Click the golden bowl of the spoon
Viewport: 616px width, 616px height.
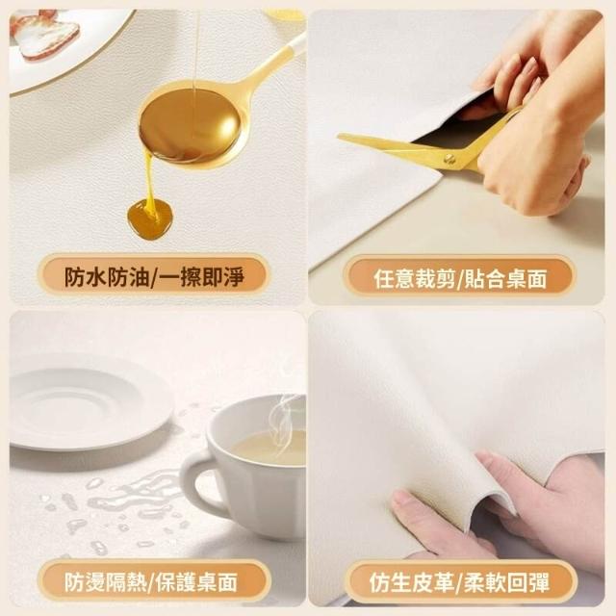click(190, 126)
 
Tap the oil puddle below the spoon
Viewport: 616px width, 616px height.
click(150, 218)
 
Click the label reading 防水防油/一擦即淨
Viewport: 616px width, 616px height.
click(154, 276)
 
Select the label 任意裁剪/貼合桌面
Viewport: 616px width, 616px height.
click(460, 278)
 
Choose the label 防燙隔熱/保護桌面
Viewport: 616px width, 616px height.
click(151, 581)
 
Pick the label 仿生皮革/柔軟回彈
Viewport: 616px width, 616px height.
click(459, 582)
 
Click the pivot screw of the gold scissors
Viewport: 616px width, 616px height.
click(449, 158)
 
